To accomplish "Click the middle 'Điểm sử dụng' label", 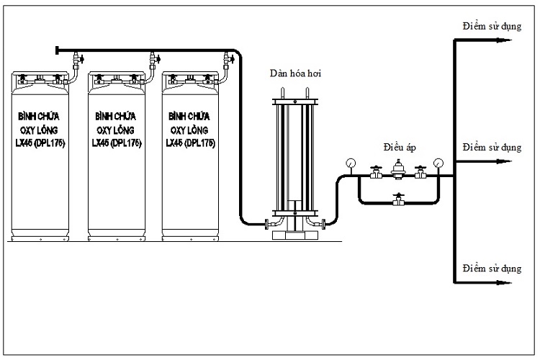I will tap(492, 148).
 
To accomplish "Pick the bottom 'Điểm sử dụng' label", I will tap(492, 269).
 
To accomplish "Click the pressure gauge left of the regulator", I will tap(350, 163).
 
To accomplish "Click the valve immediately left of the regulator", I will tap(375, 174).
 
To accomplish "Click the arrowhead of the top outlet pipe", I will tap(507, 39).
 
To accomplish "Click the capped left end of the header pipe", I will tap(56, 49).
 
